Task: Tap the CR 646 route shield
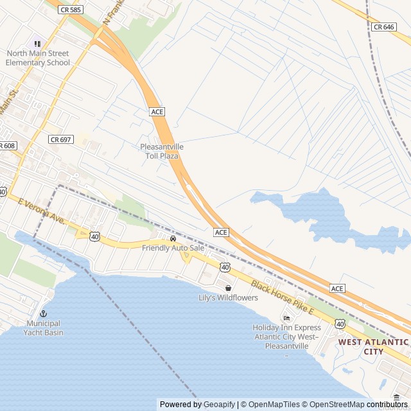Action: pyautogui.click(x=383, y=26)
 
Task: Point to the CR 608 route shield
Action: pyautogui.click(x=6, y=146)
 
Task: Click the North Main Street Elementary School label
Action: pyautogui.click(x=37, y=58)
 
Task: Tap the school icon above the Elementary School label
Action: pyautogui.click(x=37, y=44)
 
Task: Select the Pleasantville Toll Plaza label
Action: pyautogui.click(x=162, y=152)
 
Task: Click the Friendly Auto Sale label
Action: pyautogui.click(x=173, y=248)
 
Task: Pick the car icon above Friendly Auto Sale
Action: pyautogui.click(x=173, y=239)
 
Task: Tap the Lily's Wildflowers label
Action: pyautogui.click(x=228, y=298)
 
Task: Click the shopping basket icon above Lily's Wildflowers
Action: pyautogui.click(x=228, y=288)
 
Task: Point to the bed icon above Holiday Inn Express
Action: pyautogui.click(x=286, y=318)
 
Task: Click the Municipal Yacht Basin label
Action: pyautogui.click(x=44, y=328)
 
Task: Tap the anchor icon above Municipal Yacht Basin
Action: pyautogui.click(x=44, y=313)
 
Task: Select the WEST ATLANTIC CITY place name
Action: pyautogui.click(x=373, y=347)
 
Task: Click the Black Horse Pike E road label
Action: pyautogui.click(x=282, y=297)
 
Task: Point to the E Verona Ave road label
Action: pyautogui.click(x=42, y=211)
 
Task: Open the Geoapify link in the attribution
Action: pyautogui.click(x=219, y=405)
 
